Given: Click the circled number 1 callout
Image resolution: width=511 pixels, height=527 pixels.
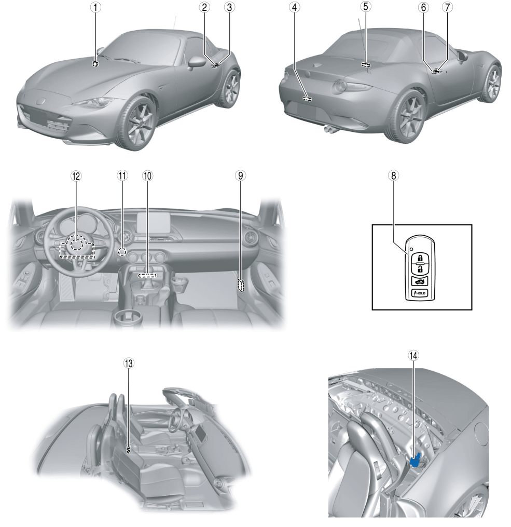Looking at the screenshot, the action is [x=95, y=7].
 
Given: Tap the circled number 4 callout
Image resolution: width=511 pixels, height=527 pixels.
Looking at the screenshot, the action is [x=295, y=7].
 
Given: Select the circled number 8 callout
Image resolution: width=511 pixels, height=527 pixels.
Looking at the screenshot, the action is [x=393, y=175].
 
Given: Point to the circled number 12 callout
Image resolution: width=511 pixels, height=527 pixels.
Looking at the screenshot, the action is [x=76, y=176].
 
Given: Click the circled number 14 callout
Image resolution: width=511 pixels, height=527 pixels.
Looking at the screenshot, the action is [x=413, y=355].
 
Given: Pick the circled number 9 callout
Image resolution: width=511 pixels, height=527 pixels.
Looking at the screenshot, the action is [x=240, y=175].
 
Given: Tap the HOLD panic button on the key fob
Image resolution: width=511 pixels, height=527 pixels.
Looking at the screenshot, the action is [x=420, y=293].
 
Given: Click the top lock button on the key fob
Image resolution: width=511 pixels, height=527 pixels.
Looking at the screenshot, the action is [x=420, y=258].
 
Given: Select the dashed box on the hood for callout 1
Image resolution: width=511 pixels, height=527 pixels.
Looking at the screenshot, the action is [x=95, y=64].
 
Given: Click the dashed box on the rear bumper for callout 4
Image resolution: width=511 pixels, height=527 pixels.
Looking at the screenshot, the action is [x=307, y=99].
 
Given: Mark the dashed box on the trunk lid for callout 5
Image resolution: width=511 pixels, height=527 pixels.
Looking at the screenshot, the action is [x=366, y=64].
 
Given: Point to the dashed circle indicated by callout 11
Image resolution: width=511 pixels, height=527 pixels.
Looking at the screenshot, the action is [x=123, y=251].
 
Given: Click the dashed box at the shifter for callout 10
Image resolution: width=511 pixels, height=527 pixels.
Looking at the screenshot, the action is [x=147, y=276].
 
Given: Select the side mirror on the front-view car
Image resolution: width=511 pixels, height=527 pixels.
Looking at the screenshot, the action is [x=197, y=63].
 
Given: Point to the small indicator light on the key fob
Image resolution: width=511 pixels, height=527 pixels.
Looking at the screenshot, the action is [x=411, y=250].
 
